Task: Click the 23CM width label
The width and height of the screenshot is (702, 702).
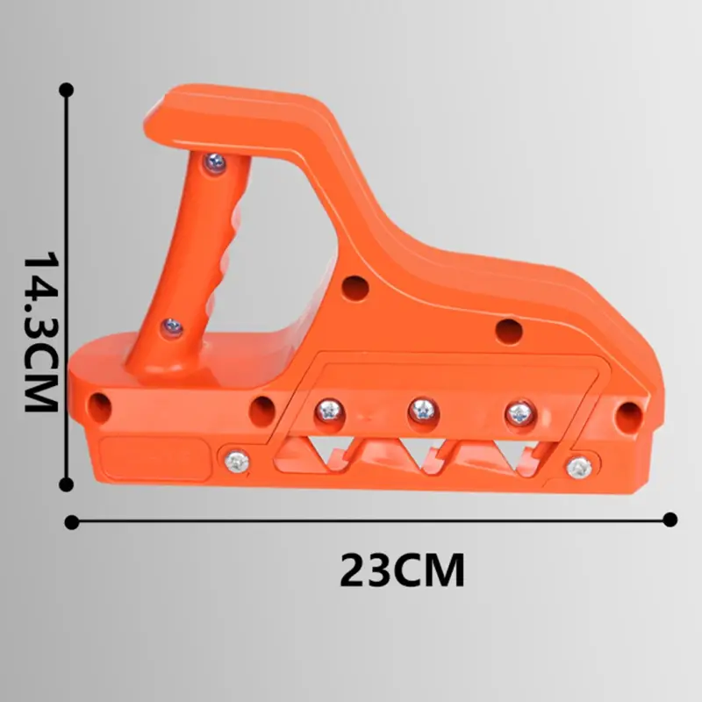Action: tap(402, 569)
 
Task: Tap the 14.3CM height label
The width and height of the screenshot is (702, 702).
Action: tap(40, 331)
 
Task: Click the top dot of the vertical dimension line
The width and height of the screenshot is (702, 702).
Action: tap(67, 90)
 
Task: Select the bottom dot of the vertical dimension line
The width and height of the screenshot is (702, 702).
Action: tap(67, 484)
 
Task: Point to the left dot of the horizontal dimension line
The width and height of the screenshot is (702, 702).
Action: tap(72, 522)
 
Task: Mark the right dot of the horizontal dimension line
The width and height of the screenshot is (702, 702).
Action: tap(670, 519)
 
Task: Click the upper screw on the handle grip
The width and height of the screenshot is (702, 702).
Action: tap(215, 162)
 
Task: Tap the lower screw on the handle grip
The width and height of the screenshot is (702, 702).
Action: tap(172, 327)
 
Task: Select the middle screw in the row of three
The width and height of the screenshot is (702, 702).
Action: tap(423, 410)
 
